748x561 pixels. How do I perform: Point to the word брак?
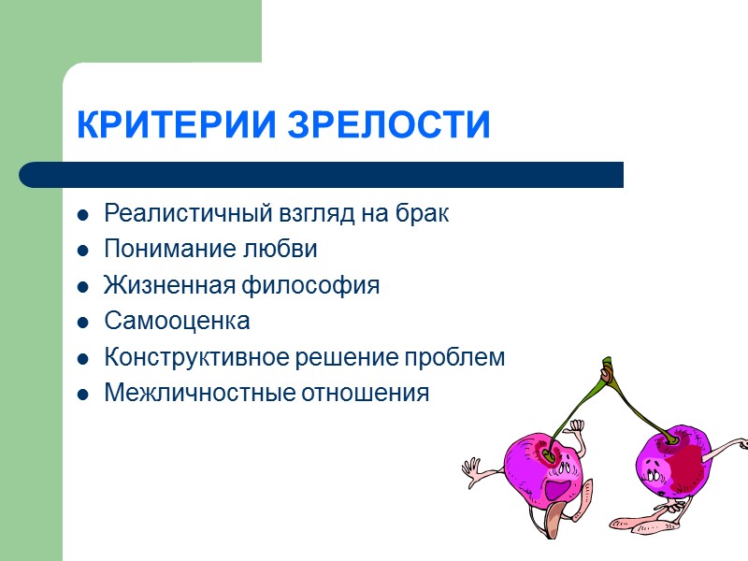425,213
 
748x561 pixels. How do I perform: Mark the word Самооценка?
177,322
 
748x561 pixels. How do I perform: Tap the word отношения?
364,394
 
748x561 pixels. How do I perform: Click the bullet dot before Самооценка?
83,323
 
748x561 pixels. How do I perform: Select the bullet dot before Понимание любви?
83,251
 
